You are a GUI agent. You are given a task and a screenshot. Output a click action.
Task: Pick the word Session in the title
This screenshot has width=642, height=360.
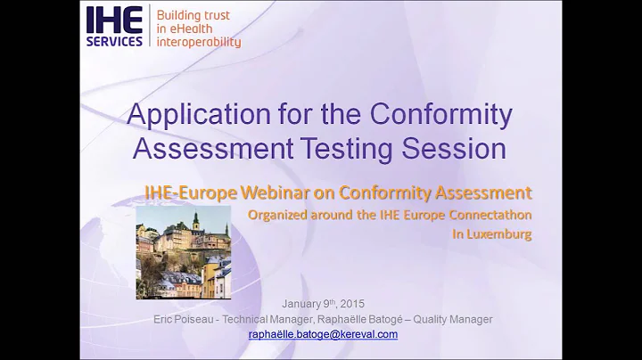(465, 146)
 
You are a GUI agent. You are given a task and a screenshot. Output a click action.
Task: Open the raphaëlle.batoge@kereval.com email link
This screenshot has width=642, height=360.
(323, 334)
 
